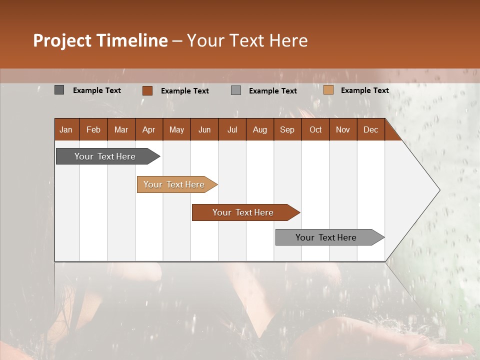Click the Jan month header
(66, 129)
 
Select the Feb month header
(93, 129)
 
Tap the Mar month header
(121, 129)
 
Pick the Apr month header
(148, 129)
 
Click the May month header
(176, 129)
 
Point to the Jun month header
(204, 129)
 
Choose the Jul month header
(232, 129)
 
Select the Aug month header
(259, 129)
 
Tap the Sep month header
(287, 129)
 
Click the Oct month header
(315, 129)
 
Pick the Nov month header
(343, 129)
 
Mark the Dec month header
(370, 129)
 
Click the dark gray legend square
(59, 90)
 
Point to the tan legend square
(328, 90)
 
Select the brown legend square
(147, 90)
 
